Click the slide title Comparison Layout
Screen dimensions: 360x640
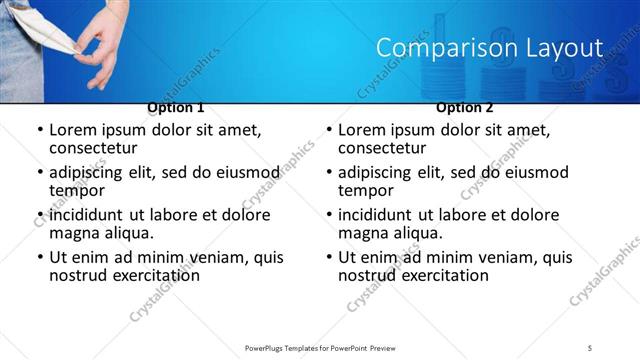(x=489, y=48)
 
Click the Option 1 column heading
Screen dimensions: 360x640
(x=176, y=107)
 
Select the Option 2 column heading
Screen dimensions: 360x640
(x=465, y=107)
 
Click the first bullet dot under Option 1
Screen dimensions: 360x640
(x=39, y=131)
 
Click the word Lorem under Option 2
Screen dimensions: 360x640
(x=362, y=130)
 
